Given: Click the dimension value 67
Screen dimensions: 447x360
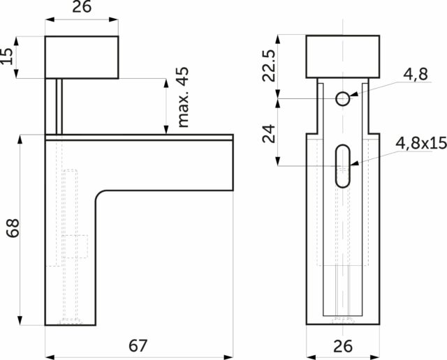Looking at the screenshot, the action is (138, 345).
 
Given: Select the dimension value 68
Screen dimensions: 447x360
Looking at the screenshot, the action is (13, 228).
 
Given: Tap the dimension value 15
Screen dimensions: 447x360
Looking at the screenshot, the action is (6, 56).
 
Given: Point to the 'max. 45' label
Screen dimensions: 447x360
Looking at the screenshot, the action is (183, 97).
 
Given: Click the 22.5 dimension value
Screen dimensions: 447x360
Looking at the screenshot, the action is (269, 66).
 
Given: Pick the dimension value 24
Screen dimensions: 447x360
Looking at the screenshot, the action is (269, 133).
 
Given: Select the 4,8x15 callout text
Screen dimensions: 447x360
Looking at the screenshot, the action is (421, 143).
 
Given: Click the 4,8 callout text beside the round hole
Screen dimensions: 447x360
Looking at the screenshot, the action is (416, 74).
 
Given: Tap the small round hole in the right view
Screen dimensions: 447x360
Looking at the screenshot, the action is (343, 99).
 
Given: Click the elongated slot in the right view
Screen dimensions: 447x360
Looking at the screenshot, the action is (343, 166).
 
